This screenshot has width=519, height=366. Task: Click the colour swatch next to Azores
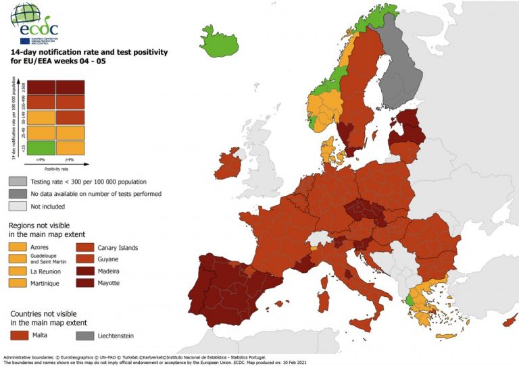(x=19, y=248)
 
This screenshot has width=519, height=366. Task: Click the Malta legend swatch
(x=19, y=336)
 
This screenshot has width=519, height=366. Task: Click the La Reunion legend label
(x=45, y=271)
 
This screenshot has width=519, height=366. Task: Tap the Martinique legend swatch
(x=19, y=283)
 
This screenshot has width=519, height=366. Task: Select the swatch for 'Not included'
(x=19, y=205)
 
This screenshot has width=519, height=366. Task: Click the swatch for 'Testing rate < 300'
(x=19, y=182)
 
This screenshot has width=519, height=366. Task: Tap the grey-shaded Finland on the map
(x=399, y=74)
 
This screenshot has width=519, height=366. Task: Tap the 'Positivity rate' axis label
(x=55, y=169)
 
